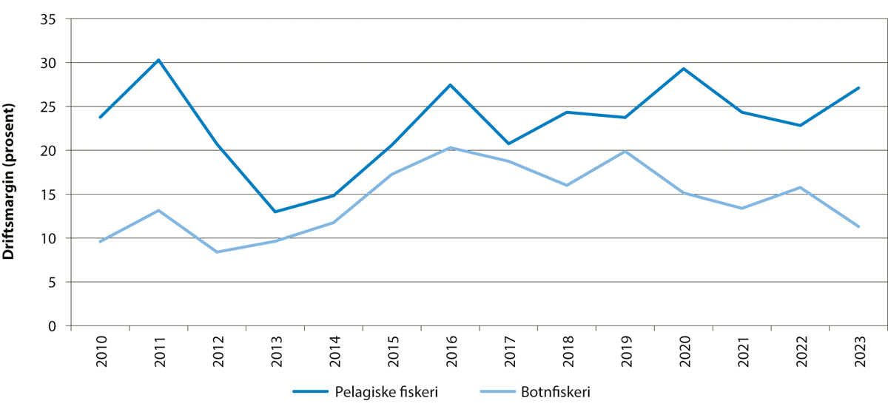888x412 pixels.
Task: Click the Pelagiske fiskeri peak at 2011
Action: (x=158, y=60)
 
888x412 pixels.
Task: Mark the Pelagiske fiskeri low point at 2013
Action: (x=275, y=212)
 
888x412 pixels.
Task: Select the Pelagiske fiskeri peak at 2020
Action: (x=683, y=69)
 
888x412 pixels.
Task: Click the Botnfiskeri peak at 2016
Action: (x=450, y=148)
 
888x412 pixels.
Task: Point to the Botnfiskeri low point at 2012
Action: (x=217, y=252)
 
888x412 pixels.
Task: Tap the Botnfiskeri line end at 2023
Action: (x=858, y=226)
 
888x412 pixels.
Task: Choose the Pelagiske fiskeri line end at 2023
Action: (x=858, y=88)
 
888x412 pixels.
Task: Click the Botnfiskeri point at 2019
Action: (x=625, y=152)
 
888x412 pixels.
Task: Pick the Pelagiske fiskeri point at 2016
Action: (x=450, y=85)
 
